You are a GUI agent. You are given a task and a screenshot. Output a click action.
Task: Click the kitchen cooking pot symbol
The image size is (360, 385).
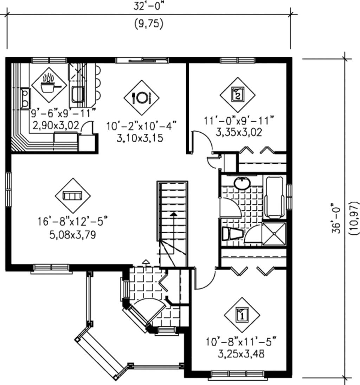tap(49, 85)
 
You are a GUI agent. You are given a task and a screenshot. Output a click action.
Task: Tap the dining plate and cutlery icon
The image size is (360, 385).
tap(141, 97)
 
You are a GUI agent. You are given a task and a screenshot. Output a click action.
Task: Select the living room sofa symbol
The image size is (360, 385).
tap(72, 195)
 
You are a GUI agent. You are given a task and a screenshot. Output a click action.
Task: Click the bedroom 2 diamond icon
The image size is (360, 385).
tap(238, 94)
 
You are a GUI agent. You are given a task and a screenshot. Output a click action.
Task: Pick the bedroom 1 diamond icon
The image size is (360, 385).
tap(242, 314)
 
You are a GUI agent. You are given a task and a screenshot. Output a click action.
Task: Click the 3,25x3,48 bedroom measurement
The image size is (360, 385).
tap(241, 353)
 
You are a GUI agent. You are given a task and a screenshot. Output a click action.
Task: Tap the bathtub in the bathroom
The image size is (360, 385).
tap(275, 197)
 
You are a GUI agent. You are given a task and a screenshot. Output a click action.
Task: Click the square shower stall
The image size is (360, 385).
tap(274, 234)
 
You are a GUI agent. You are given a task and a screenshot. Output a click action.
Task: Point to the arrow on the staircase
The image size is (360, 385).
tap(173, 214)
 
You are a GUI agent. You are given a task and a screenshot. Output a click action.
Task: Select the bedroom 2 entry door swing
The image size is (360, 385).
tap(202, 141)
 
